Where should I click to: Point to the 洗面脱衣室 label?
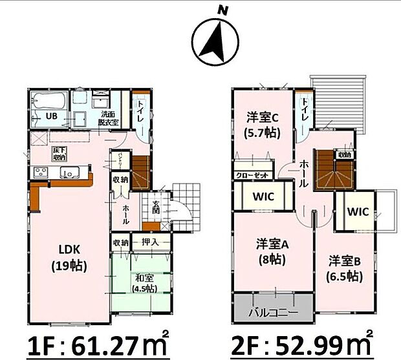(108, 118)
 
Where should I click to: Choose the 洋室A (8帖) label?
(272, 252)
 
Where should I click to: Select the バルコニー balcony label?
(273, 313)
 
